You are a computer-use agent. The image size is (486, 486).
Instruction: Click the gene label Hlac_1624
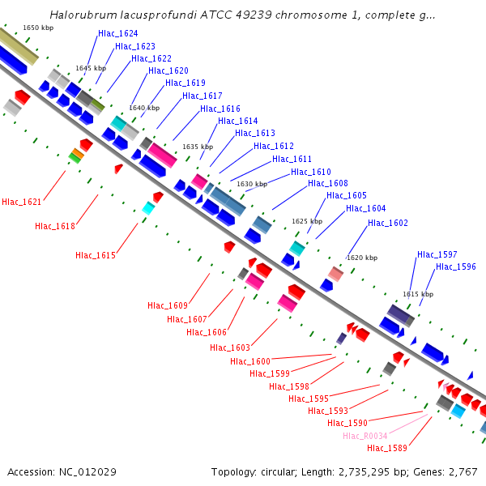point(117,34)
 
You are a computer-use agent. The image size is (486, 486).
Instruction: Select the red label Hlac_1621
point(21,202)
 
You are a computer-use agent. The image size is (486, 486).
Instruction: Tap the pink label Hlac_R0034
point(364,436)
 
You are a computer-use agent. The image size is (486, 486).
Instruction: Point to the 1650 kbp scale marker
point(38,28)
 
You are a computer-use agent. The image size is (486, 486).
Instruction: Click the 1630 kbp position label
point(251,184)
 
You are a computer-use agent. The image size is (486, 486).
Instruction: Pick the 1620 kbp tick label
point(362,258)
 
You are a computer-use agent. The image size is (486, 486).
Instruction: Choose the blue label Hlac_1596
point(456,266)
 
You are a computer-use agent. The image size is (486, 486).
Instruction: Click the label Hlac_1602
point(388,223)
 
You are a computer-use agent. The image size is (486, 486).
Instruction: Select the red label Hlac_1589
point(387,448)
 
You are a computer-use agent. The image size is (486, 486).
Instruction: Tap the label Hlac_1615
point(96,255)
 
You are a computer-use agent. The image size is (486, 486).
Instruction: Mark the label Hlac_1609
point(168,305)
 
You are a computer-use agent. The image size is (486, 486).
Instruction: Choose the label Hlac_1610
point(311,172)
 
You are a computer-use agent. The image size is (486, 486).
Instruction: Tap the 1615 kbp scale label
point(418,294)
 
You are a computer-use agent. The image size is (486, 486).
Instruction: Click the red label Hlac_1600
point(250,361)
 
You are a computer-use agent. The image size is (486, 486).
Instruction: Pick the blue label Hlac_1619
point(185,83)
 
